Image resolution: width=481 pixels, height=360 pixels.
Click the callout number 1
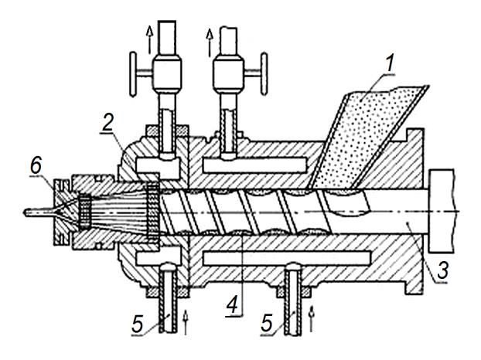click(x=388, y=63)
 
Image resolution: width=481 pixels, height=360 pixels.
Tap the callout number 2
click(x=108, y=124)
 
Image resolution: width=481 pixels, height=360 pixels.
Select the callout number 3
click(x=442, y=270)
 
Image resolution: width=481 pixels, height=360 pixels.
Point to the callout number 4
click(x=233, y=305)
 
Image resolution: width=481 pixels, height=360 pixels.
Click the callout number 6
click(x=36, y=166)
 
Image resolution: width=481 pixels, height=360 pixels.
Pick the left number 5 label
click(x=138, y=324)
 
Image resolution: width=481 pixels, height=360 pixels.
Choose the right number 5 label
click(x=268, y=323)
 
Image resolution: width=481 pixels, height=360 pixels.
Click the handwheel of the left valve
click(x=134, y=73)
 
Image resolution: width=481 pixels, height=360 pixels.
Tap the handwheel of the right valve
click(x=264, y=73)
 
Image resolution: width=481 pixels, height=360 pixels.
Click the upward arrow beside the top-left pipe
click(x=149, y=39)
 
